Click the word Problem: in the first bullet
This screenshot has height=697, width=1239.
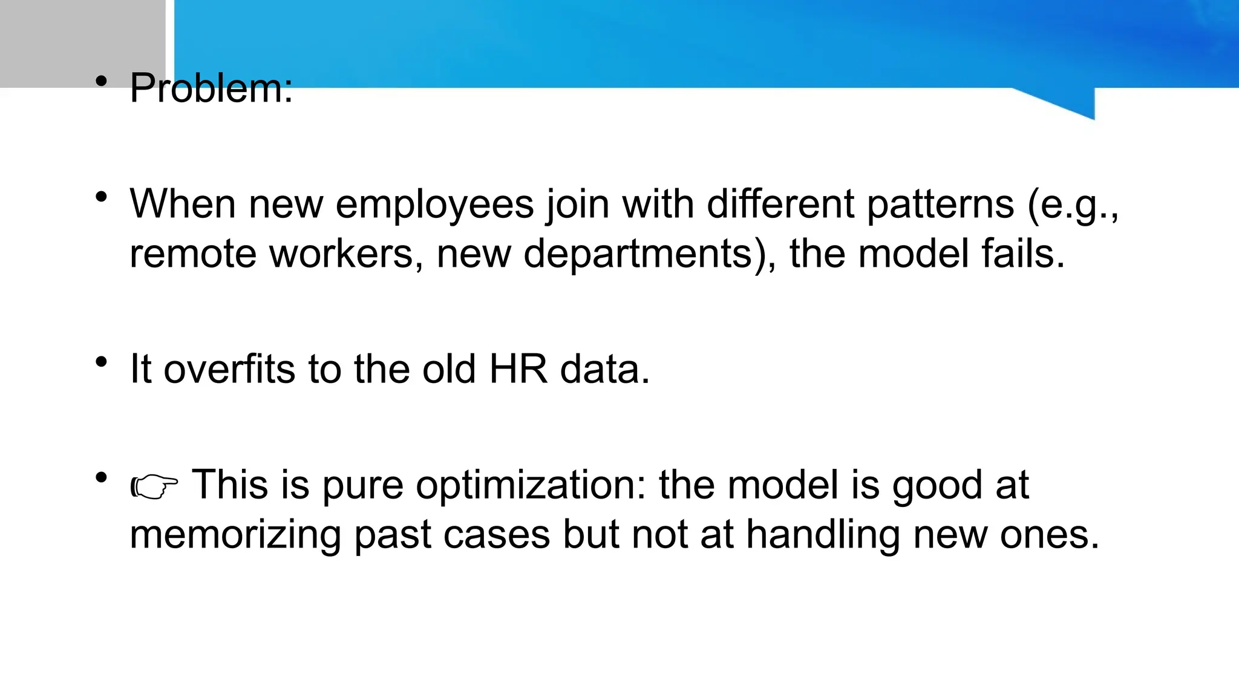click(211, 88)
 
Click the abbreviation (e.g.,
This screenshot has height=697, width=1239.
click(1073, 206)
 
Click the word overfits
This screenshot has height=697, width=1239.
click(229, 369)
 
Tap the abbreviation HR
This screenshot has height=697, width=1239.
click(518, 369)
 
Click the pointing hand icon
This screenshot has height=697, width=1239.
click(154, 486)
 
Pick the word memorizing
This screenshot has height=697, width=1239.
click(235, 535)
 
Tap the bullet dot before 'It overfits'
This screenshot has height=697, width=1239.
click(102, 362)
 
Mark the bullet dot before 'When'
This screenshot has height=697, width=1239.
click(102, 197)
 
